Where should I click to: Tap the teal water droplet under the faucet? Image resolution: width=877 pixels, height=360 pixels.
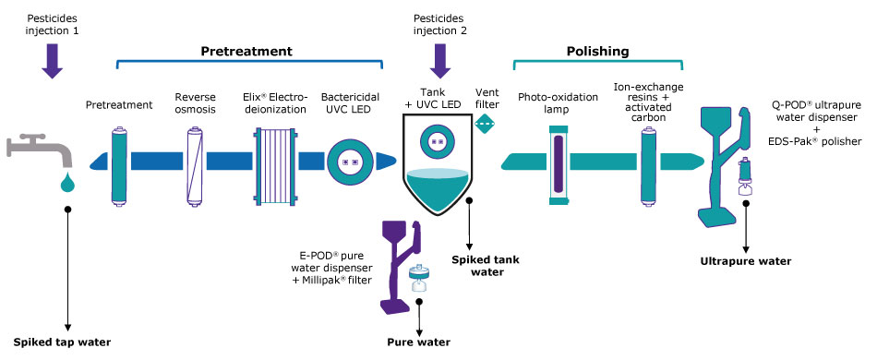[67, 182]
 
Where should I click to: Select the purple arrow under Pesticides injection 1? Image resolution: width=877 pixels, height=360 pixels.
[53, 62]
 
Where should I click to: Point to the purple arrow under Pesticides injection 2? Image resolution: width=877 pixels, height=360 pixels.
[439, 62]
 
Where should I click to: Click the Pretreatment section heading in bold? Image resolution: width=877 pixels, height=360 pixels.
[246, 52]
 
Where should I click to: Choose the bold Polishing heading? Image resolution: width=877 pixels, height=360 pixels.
[598, 52]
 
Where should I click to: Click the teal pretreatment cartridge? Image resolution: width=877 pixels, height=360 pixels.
[118, 166]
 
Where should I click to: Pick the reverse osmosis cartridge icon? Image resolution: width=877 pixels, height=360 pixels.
[194, 166]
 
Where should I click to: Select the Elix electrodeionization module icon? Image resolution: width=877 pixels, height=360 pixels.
[274, 162]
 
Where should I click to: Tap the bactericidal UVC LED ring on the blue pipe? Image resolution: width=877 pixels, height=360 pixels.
[350, 162]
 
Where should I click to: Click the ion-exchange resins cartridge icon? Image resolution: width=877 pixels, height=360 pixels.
[648, 166]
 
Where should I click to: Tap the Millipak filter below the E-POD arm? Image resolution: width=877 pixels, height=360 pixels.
[419, 279]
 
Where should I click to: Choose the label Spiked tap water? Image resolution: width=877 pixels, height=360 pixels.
[62, 342]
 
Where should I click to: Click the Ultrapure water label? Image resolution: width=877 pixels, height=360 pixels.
[746, 261]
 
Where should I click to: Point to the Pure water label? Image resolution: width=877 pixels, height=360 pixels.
[419, 342]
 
